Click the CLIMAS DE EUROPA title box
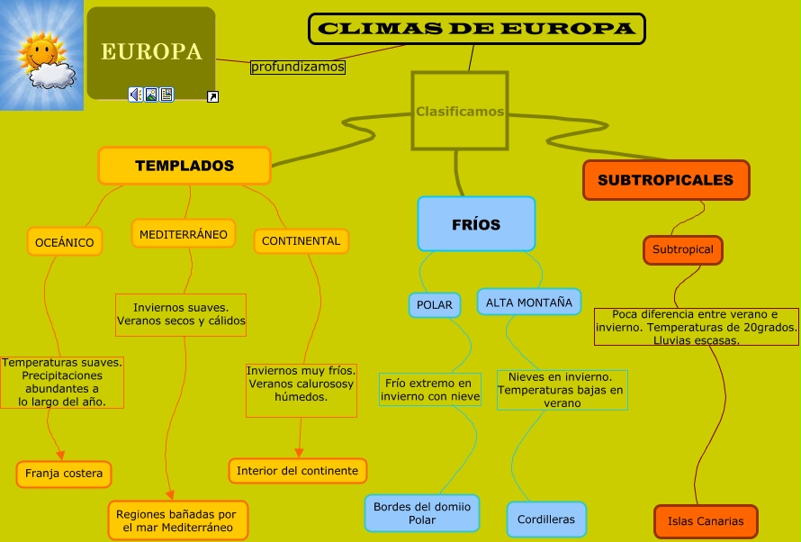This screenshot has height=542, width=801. (476, 29)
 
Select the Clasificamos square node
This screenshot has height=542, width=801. (460, 112)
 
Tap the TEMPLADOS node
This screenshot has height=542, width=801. (184, 166)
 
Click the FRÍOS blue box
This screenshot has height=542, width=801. (476, 224)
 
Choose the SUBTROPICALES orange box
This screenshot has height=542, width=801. (665, 180)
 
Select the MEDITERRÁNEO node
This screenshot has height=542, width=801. (184, 234)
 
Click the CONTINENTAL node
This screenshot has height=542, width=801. (301, 241)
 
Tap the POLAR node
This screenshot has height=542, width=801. (435, 305)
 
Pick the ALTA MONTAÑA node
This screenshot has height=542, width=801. (528, 303)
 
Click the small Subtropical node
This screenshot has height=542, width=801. (682, 249)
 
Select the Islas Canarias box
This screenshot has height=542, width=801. (706, 521)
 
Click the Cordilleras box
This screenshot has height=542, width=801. (546, 519)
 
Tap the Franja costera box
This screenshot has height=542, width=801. (64, 474)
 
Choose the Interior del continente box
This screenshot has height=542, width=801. (297, 471)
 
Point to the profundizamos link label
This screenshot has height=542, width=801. (297, 67)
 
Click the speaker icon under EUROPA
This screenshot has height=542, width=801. (135, 95)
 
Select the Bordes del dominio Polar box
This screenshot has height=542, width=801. (422, 513)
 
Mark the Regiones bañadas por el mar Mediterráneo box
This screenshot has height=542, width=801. (176, 521)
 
